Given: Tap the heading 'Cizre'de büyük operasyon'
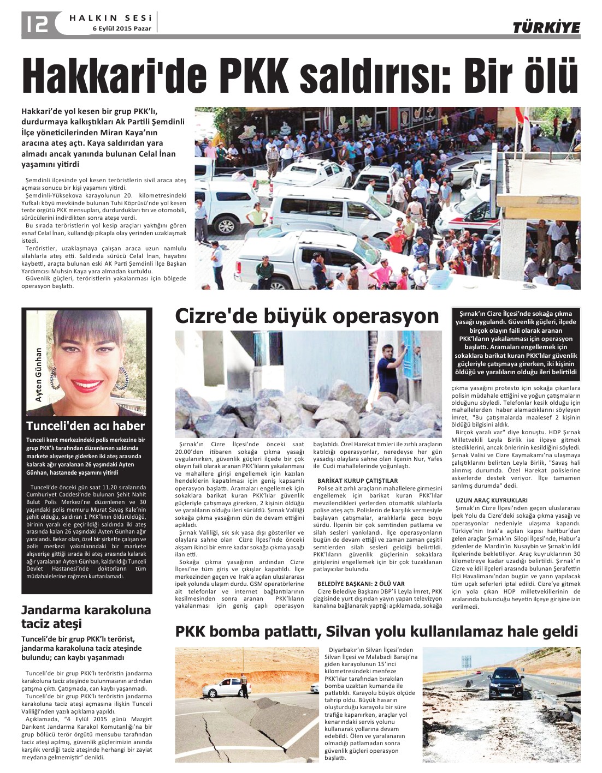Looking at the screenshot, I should tap(306, 316).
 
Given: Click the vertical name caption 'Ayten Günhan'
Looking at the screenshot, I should tap(39, 375).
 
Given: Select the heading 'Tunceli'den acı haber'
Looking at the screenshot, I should tap(86, 426).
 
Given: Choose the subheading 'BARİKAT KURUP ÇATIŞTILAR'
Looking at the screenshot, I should tap(358, 481).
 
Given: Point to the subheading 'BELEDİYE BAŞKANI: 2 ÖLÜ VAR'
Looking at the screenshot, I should tap(361, 583).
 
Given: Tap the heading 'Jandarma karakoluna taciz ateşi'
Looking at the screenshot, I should tap(86, 616).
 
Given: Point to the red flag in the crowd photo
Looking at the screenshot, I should tap(526, 131).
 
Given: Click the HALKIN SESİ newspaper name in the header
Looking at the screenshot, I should tap(110, 18).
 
